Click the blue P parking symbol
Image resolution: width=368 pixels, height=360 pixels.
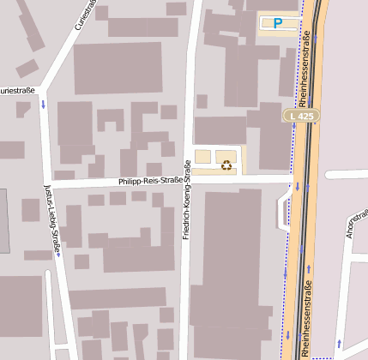click(276, 23)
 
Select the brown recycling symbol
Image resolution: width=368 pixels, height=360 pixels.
click(226, 165)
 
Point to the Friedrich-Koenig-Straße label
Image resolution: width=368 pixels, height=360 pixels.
click(186, 199)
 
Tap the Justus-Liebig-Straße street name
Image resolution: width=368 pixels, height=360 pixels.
click(51, 219)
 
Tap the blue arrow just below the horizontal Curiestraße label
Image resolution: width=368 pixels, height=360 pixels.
click(43, 105)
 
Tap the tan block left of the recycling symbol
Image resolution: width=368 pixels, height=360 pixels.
click(202, 157)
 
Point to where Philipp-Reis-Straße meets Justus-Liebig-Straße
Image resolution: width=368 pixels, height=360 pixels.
click(48, 185)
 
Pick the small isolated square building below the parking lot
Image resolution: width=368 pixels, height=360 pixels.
click(202, 101)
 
